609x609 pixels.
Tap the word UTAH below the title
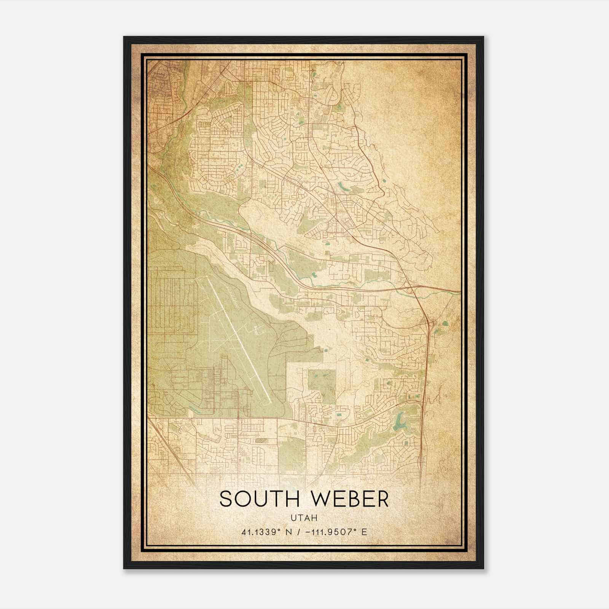[x=304, y=518]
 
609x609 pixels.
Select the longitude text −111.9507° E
[x=336, y=532]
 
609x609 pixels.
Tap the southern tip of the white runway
[x=270, y=403]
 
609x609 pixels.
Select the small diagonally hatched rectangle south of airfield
[x=262, y=440]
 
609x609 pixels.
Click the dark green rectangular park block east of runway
[x=322, y=384]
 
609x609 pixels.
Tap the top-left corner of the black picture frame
[x=124, y=37]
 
